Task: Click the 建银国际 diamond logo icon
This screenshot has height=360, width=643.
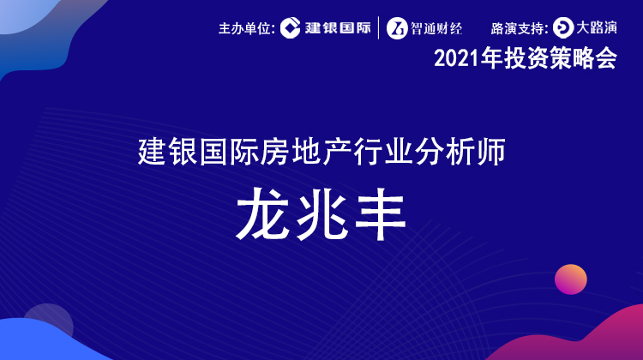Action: (x=291, y=28)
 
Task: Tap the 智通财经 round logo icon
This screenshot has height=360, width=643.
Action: (x=397, y=28)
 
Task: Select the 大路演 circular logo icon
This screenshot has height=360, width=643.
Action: (x=563, y=28)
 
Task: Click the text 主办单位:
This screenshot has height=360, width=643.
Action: (x=247, y=28)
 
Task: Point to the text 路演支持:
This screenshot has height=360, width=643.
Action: (x=520, y=28)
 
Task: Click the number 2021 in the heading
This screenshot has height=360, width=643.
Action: (x=456, y=58)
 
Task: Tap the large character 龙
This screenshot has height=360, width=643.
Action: (x=263, y=213)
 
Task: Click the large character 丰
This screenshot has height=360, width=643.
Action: (x=381, y=213)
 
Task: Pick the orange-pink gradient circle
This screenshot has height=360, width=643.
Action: (x=571, y=279)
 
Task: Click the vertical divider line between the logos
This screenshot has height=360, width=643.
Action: (x=378, y=28)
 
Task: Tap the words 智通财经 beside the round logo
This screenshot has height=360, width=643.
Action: (x=436, y=28)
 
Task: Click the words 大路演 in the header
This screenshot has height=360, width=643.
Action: (x=597, y=28)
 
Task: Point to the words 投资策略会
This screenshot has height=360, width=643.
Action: (x=561, y=58)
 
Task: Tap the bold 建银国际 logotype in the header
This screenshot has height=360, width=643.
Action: (x=338, y=28)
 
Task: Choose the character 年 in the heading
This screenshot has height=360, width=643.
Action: (x=491, y=58)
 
